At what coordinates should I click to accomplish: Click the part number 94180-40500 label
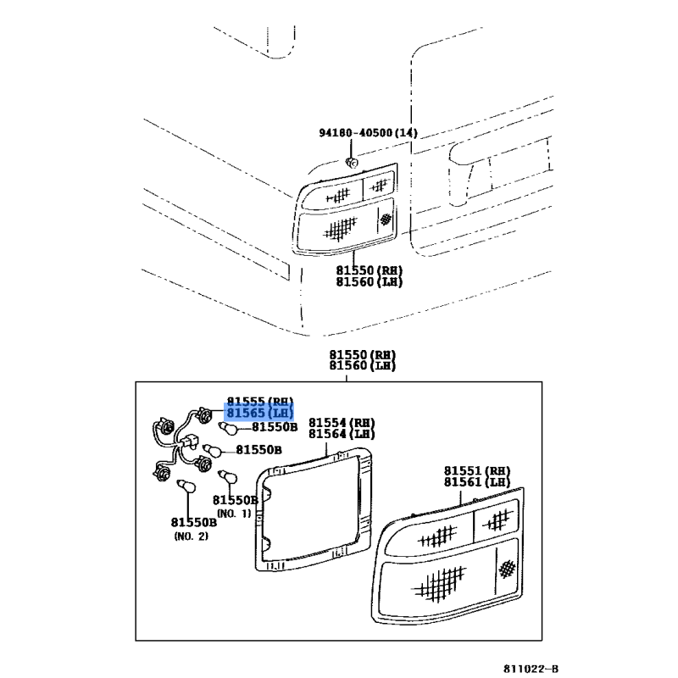[355, 133]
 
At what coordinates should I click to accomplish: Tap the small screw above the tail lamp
[352, 163]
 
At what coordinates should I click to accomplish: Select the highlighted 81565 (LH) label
[259, 413]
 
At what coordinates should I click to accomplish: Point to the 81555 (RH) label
[260, 401]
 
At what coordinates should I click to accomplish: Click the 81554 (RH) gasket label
[342, 422]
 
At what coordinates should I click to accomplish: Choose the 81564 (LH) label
[342, 434]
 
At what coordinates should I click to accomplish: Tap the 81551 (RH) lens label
[477, 470]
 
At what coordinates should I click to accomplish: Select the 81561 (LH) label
[477, 481]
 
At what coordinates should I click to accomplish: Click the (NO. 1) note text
[234, 514]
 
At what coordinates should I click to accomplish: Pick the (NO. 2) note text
[192, 536]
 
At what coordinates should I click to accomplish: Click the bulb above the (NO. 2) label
[187, 486]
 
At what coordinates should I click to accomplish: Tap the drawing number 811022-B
[531, 669]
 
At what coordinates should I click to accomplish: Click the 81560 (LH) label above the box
[363, 366]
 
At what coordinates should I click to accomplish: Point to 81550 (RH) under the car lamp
[370, 270]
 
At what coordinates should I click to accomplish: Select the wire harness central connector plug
[189, 442]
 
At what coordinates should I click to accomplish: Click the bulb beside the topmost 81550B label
[229, 429]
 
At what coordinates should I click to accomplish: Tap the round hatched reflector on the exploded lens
[507, 569]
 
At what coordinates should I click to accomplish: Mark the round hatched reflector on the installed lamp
[386, 219]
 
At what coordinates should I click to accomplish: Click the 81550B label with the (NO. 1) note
[236, 500]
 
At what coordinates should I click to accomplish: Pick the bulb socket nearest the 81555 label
[203, 415]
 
